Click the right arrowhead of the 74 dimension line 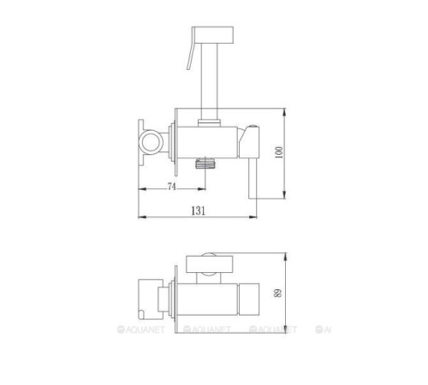202,191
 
